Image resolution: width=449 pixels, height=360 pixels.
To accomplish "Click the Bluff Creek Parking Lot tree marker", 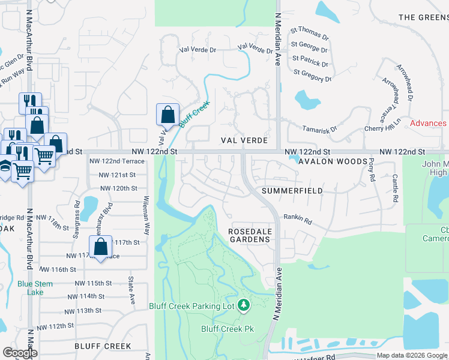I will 244,306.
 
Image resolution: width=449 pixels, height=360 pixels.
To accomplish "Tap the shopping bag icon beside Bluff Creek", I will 167,114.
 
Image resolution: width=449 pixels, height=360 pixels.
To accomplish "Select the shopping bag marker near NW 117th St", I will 101,246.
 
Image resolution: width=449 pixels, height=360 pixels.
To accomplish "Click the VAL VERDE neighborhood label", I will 243,140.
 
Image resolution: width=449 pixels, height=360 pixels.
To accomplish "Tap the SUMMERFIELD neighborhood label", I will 292,191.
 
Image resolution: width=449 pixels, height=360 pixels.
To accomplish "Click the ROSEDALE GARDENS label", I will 250,235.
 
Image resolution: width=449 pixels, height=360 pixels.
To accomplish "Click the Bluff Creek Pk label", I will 228,329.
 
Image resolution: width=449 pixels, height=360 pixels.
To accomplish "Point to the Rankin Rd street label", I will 298,220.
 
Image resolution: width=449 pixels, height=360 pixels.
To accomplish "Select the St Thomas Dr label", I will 310,33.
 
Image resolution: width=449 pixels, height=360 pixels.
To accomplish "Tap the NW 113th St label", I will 89,310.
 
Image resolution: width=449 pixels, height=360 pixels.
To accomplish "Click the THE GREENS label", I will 423,17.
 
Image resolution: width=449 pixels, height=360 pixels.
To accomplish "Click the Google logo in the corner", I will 20,353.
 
